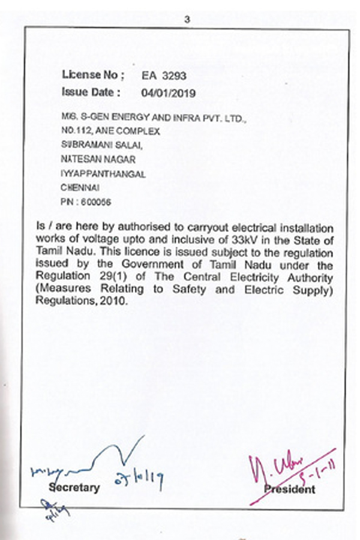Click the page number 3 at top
pos(187,20)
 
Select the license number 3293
pos(175,76)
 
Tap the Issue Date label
pos(91,92)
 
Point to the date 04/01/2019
pos(168,93)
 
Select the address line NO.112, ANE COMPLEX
pos(110,131)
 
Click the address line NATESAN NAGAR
pos(98,159)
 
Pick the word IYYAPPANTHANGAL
pos(103,173)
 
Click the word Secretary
pos(75,487)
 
